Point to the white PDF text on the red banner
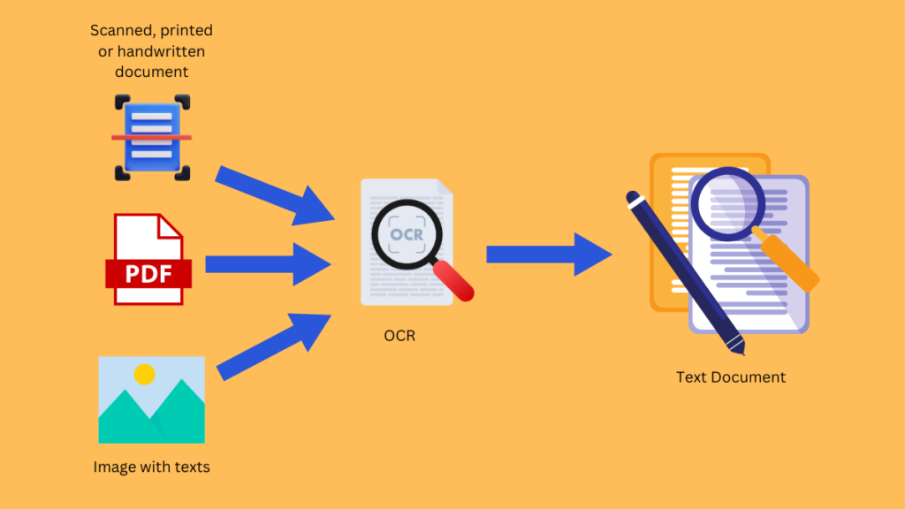[148, 273]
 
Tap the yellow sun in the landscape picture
[144, 374]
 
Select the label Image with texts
[151, 467]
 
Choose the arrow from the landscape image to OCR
[274, 345]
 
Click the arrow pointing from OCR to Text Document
[548, 254]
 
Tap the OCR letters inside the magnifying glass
[407, 234]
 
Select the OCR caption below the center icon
[399, 336]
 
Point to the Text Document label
[731, 377]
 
